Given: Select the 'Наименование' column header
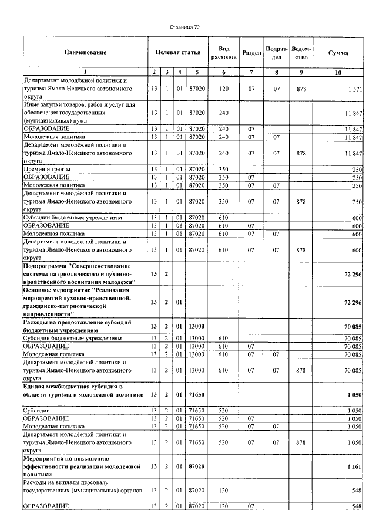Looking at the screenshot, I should point(85,53).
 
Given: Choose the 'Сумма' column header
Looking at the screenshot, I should point(338,53).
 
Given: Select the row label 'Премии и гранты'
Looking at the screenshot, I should point(44,169).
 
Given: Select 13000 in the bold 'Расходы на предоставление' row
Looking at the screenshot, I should point(197,327).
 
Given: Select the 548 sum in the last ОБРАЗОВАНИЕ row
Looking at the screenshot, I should point(354,506).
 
